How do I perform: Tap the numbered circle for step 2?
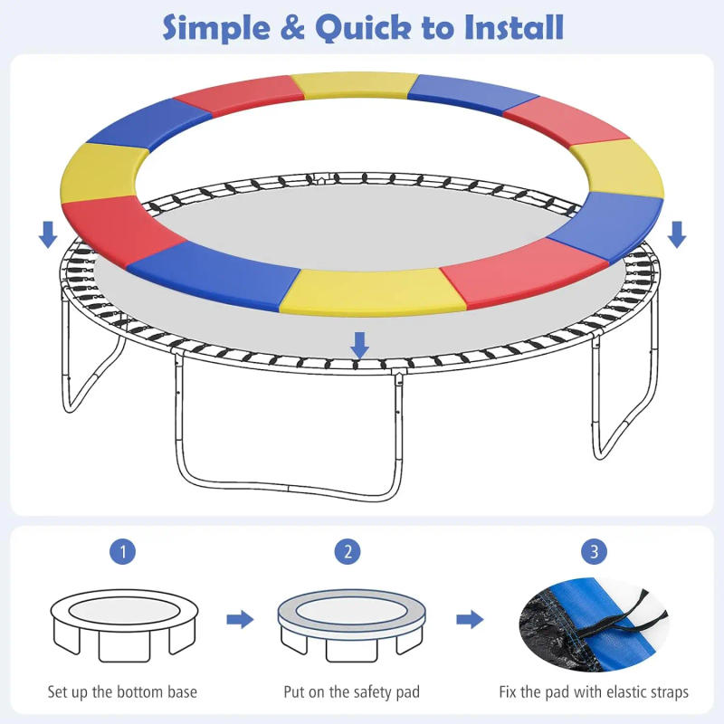pos(347,552)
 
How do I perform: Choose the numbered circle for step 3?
pos(594,552)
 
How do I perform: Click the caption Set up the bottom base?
pos(122,692)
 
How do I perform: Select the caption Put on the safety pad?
pos(352,692)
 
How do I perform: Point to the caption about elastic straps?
pos(594,692)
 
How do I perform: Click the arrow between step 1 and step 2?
pos(240,620)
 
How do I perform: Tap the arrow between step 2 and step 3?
pos(469,620)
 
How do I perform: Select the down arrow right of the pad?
pos(676,235)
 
